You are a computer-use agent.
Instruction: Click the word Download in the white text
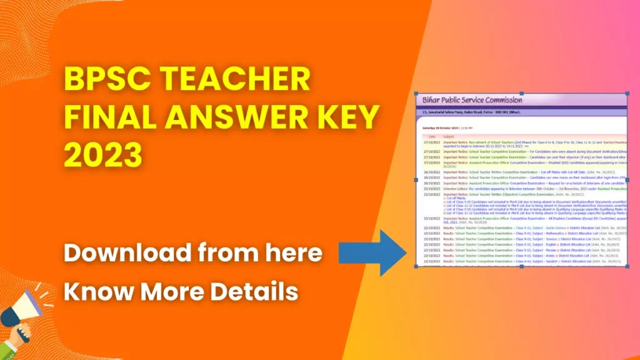(127, 253)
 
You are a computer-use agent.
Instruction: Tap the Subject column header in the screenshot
(449, 136)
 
